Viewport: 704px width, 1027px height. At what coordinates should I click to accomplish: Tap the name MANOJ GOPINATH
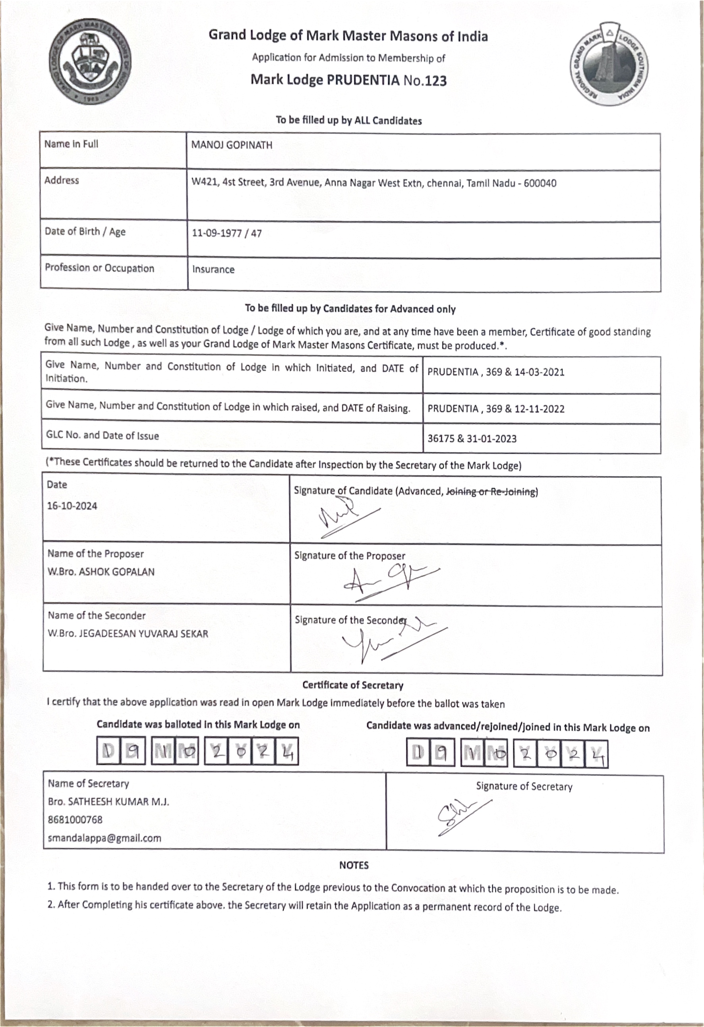coord(232,145)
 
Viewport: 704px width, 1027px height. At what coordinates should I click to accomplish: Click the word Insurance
coord(213,269)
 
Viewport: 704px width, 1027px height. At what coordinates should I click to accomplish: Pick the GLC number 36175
coord(441,439)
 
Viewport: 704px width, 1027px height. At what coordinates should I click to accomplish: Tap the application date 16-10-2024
coord(72,506)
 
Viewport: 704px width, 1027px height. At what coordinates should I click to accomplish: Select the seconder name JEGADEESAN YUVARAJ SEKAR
coord(143,634)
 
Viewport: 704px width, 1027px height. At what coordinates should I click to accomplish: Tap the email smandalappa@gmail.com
coord(104,838)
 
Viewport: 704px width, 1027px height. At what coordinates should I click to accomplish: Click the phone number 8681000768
coord(75,820)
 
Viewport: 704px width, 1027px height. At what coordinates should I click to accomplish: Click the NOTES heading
coord(354,865)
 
